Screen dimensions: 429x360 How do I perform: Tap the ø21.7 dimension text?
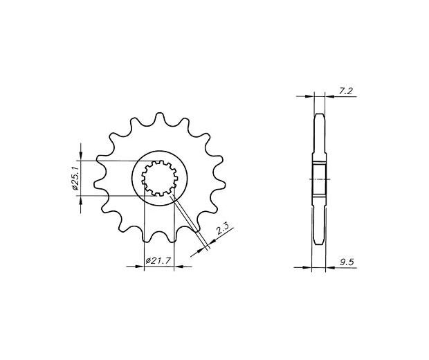[159, 260]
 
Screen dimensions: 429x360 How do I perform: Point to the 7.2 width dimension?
[345, 91]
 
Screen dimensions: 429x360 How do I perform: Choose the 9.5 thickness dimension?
[347, 262]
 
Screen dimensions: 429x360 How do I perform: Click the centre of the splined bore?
[160, 178]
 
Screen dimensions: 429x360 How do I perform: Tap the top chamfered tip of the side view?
[319, 116]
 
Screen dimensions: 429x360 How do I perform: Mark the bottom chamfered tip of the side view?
[319, 242]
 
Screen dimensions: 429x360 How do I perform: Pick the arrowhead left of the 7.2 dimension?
[309, 96]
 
